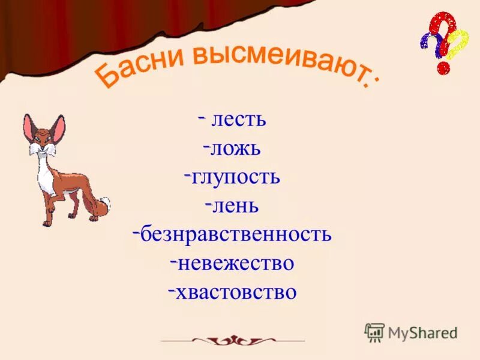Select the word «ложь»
(235, 148)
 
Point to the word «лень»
(235, 206)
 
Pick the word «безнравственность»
(236, 234)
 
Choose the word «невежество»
(236, 263)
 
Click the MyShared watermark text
(423, 332)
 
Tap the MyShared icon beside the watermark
(374, 332)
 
